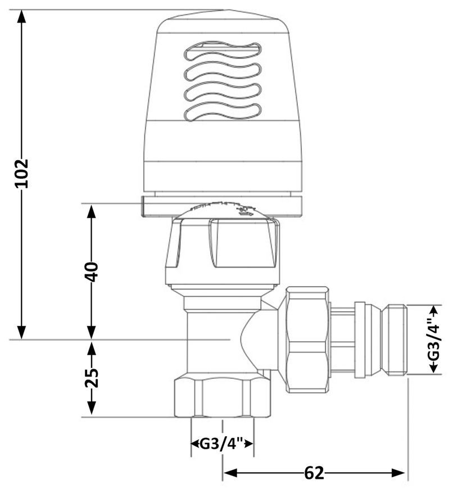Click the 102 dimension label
pyautogui.click(x=22, y=173)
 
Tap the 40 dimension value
pyautogui.click(x=92, y=272)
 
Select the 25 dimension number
pyautogui.click(x=92, y=378)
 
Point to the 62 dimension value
pyautogui.click(x=314, y=473)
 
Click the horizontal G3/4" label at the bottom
pyautogui.click(x=221, y=443)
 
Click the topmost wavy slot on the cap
pyautogui.click(x=223, y=51)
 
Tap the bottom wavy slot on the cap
pyautogui.click(x=223, y=112)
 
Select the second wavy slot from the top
pyautogui.click(x=223, y=71)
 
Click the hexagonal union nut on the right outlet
pyautogui.click(x=307, y=339)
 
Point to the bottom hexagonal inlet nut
pyautogui.click(x=223, y=397)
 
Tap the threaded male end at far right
pyautogui.click(x=396, y=339)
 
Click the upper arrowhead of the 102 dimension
pyautogui.click(x=21, y=16)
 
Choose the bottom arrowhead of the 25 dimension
pyautogui.click(x=92, y=408)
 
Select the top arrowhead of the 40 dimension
pyautogui.click(x=92, y=211)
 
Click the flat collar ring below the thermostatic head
pyautogui.click(x=222, y=206)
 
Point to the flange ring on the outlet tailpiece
pyautogui.click(x=360, y=339)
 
